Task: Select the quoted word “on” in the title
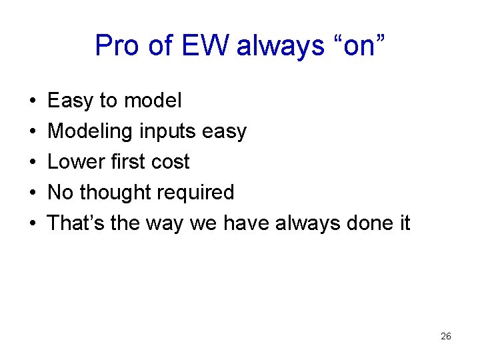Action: (x=357, y=46)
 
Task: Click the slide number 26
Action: (x=446, y=337)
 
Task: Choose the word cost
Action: (x=170, y=162)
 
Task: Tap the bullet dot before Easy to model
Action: (x=33, y=101)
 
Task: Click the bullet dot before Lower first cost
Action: (x=33, y=163)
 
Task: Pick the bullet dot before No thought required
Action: (x=33, y=193)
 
